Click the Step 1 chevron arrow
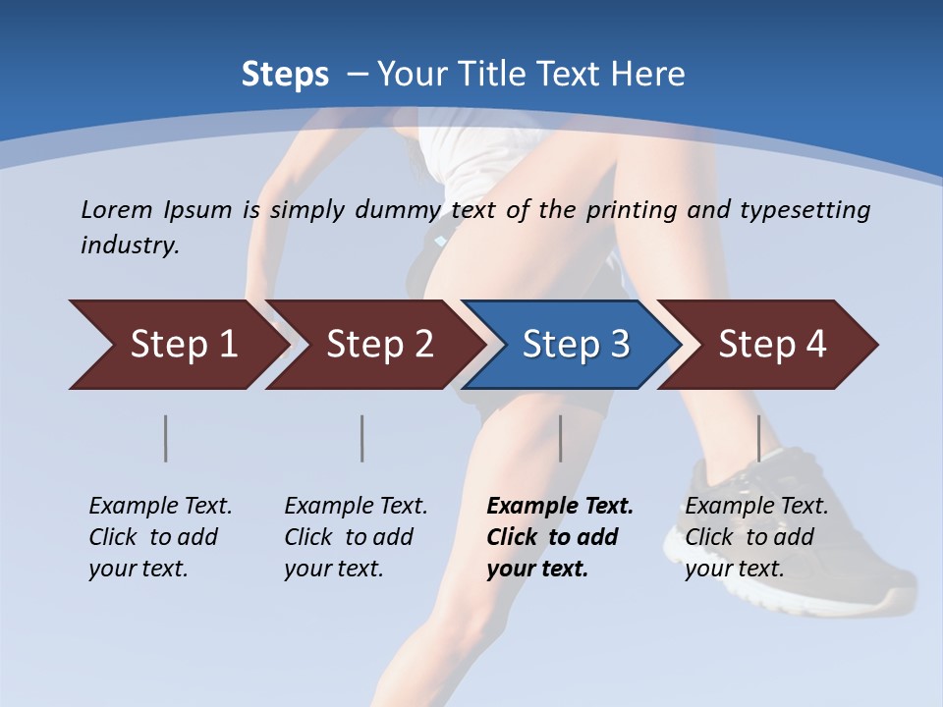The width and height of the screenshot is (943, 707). coord(182,345)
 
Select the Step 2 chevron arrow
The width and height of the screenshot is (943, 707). coord(378,345)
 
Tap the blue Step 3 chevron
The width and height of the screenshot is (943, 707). coord(575,345)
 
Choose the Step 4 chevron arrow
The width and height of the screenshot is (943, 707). coord(771,345)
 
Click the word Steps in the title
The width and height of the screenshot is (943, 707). coord(285,75)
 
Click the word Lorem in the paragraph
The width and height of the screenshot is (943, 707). coord(116,209)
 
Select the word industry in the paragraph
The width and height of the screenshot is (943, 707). coord(130,245)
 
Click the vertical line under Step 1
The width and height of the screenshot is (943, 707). coord(166,438)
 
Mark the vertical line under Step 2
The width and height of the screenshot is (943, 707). coord(362,438)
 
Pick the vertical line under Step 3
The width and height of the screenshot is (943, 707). coord(560,438)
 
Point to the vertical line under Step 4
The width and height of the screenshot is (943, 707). coord(758,438)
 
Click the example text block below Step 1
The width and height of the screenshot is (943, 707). coord(160,537)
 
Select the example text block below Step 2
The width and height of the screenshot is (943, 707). coord(356,537)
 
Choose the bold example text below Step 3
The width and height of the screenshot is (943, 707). coord(560,537)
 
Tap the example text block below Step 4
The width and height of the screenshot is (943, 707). coord(756,537)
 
